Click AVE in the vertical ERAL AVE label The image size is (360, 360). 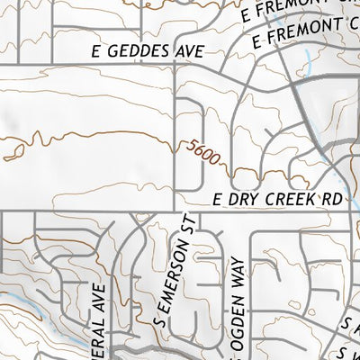tap(100, 294)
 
